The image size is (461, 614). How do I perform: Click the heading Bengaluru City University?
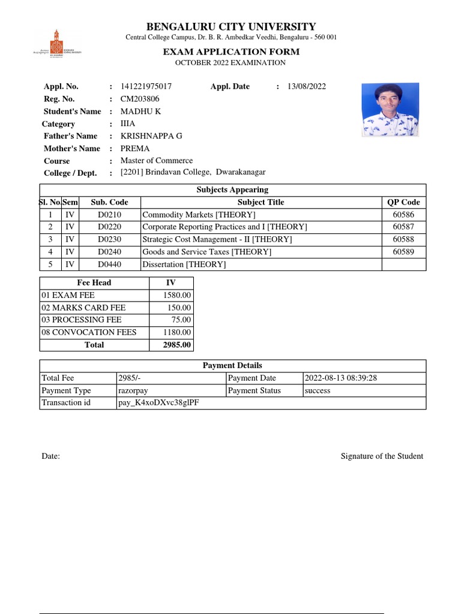[231, 26]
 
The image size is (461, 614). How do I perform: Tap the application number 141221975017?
[146, 86]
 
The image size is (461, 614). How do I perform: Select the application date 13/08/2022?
[307, 86]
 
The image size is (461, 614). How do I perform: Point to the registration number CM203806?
[140, 99]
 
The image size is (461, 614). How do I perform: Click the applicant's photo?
[390, 110]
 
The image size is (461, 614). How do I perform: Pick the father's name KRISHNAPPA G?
[151, 136]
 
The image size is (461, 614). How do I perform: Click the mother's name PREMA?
[135, 149]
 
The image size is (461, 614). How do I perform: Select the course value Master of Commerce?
[157, 161]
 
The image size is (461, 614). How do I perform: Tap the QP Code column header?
[403, 202]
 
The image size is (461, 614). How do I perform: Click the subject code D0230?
[109, 239]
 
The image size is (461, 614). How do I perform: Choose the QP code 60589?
[403, 252]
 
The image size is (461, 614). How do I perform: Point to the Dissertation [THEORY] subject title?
[184, 264]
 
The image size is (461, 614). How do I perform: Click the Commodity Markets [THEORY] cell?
[199, 215]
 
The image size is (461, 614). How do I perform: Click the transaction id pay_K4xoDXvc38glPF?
[159, 403]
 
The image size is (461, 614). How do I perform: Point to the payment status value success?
[318, 390]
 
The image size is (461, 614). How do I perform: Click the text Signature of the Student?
[382, 456]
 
